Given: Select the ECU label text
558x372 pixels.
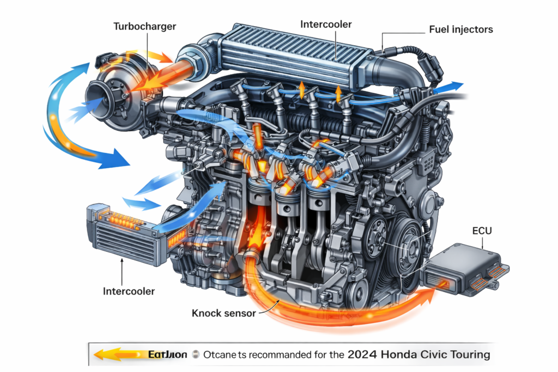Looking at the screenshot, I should tap(482, 231).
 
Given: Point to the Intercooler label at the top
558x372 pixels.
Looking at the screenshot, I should tap(326, 25).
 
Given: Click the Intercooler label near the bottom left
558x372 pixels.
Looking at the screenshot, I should tap(129, 291).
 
